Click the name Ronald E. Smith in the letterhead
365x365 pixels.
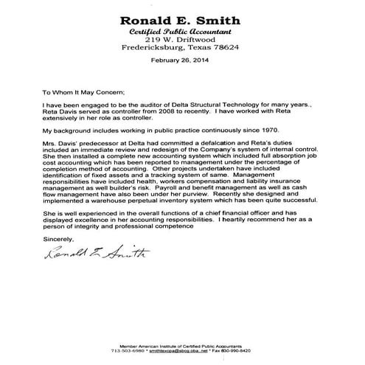[182, 20]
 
